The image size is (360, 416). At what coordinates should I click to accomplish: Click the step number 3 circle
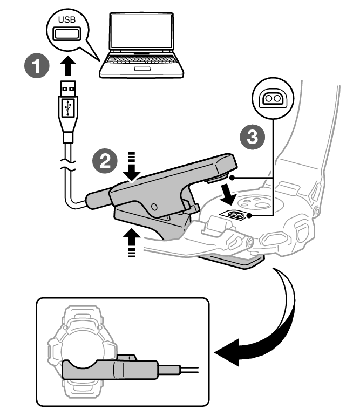pos(250,137)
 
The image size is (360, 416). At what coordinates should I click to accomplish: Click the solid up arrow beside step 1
pos(66,67)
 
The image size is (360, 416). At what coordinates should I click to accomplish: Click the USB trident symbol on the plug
pos(67,107)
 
